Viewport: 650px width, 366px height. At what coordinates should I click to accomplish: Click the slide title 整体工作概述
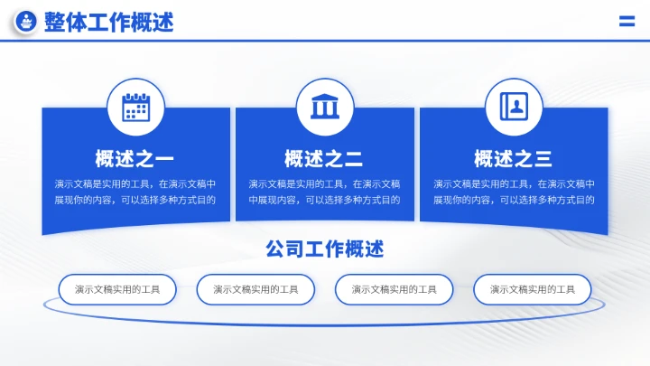(108, 23)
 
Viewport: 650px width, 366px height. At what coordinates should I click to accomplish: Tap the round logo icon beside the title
(27, 23)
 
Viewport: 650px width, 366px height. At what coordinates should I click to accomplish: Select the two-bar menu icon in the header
(627, 23)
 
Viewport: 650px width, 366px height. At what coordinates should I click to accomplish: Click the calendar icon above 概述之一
(135, 108)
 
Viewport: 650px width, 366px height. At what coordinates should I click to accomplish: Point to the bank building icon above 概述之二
(324, 108)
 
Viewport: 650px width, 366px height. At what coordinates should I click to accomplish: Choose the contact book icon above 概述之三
(514, 108)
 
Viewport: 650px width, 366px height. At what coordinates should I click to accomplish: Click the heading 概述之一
(135, 160)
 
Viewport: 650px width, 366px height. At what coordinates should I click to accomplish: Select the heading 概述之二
(324, 160)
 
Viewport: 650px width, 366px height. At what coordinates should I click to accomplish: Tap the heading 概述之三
(514, 160)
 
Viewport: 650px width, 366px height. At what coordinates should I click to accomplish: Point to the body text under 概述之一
(135, 192)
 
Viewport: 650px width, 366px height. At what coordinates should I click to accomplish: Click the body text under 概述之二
(324, 192)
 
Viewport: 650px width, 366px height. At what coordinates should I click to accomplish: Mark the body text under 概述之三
(514, 192)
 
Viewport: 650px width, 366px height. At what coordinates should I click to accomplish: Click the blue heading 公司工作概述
(325, 249)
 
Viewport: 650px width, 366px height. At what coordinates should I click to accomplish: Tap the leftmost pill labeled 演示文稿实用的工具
(117, 289)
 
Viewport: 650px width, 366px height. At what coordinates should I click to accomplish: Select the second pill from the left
(255, 289)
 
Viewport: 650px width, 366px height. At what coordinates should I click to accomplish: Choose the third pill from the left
(395, 289)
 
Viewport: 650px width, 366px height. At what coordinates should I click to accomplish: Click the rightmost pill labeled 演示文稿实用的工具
(533, 289)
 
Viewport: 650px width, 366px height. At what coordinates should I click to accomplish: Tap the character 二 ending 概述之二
(354, 160)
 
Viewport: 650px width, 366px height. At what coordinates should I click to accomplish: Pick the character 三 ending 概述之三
(543, 160)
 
